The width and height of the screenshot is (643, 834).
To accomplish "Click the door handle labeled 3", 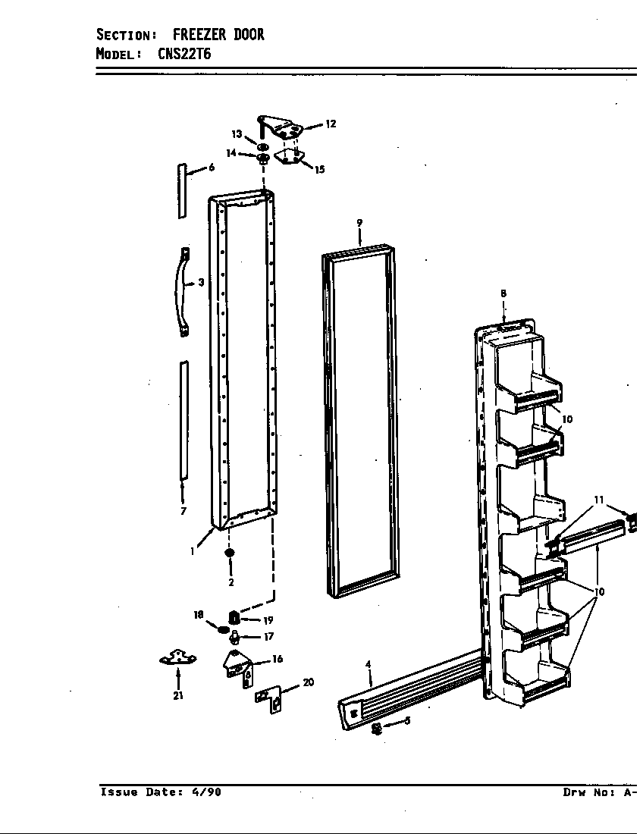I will (x=183, y=290).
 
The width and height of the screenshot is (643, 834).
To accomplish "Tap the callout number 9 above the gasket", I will (x=359, y=223).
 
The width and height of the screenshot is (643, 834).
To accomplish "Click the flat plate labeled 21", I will (x=177, y=660).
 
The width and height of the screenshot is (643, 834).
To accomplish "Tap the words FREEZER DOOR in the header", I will (x=218, y=35).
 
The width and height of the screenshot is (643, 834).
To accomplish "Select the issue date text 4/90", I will (x=206, y=792).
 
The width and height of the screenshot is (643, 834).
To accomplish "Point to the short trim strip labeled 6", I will (x=182, y=190).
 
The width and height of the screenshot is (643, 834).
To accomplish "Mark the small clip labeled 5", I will (x=376, y=729).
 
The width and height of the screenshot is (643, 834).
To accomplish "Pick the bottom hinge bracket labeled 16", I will (x=237, y=664).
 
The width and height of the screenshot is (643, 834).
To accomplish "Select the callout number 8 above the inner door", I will (x=503, y=293).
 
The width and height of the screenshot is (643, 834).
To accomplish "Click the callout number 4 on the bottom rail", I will (x=369, y=665).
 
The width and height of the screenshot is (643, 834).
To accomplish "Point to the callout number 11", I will (x=599, y=500).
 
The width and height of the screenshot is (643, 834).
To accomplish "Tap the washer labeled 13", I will (x=262, y=146).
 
